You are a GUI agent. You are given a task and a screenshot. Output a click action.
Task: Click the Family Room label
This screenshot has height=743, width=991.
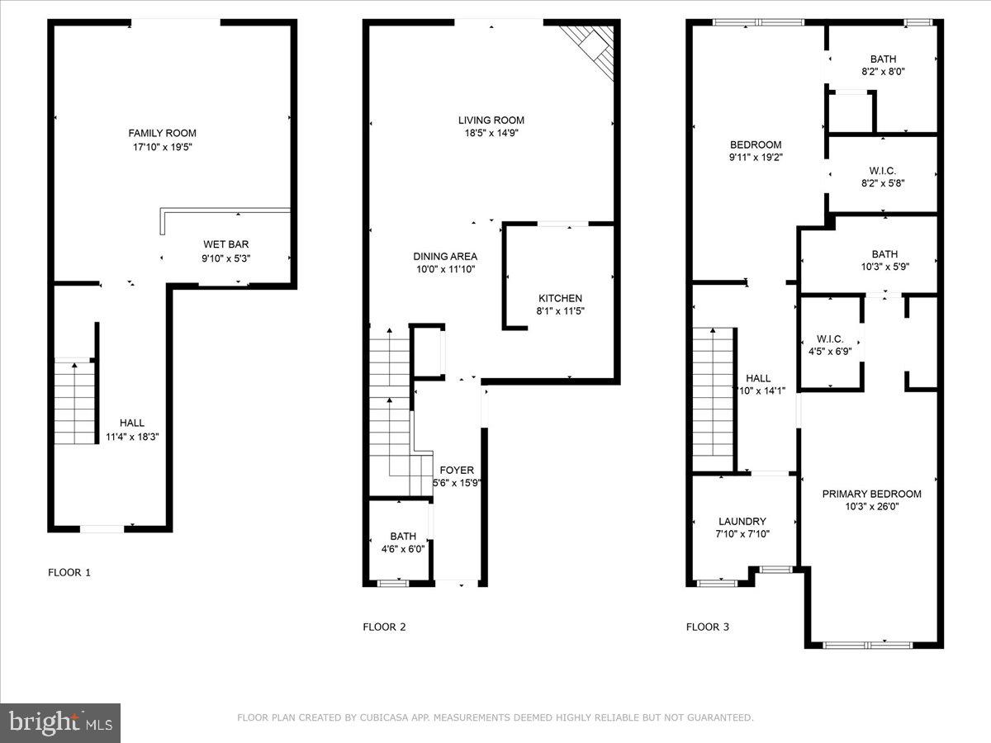162,133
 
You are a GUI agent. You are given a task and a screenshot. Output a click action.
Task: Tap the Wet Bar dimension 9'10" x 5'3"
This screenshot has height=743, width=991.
227,258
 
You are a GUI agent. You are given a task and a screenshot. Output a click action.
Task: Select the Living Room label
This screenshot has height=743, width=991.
491,121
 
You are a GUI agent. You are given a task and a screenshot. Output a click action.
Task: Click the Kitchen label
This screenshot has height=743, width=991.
560,298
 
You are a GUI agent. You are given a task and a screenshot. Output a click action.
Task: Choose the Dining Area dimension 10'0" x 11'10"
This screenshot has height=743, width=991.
445,269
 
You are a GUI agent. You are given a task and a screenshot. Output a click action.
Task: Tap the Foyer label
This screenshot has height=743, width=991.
457,471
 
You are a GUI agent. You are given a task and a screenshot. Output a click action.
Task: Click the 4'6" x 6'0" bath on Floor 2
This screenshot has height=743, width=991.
403,543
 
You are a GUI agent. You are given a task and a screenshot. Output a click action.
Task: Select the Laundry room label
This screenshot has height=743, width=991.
742,522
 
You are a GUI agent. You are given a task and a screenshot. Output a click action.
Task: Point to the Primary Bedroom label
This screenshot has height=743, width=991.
871,495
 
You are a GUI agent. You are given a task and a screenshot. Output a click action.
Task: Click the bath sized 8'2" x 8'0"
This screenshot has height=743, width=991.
882,65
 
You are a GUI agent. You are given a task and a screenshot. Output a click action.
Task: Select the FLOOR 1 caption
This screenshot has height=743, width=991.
69,572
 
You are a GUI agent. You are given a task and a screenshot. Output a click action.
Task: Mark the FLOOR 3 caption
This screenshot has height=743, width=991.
708,627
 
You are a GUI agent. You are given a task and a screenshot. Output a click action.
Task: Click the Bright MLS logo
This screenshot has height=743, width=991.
60,722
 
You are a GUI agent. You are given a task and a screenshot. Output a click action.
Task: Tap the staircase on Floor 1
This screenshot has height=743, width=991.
75,403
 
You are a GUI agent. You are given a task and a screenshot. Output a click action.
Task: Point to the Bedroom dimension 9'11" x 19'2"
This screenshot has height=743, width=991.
755,156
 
